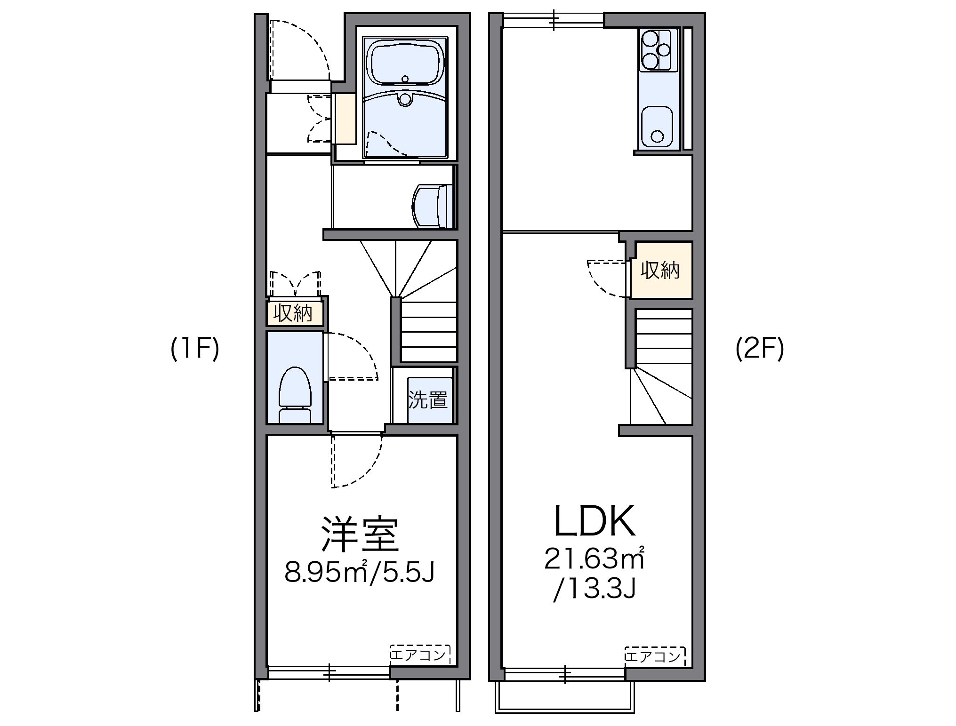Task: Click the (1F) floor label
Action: point(195,350)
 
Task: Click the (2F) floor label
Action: point(760,350)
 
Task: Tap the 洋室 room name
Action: point(360,535)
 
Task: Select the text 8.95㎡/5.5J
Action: point(359,572)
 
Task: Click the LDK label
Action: point(595,521)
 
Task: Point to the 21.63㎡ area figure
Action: point(594,559)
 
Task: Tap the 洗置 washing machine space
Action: point(428,400)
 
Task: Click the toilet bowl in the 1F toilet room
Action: point(295,388)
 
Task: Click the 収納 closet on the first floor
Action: point(295,313)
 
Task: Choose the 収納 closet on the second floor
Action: point(660,270)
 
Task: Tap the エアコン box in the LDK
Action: point(655,655)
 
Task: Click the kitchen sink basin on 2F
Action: point(658,126)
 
